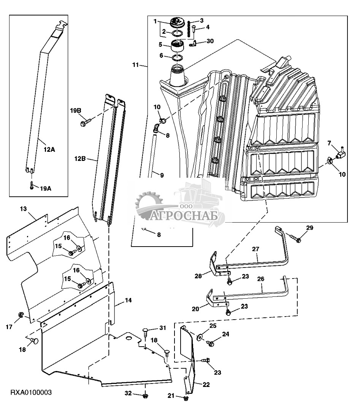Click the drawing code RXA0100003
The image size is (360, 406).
[x=31, y=393]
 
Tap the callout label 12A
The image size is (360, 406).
[x=49, y=150]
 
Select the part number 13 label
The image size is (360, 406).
[x=24, y=209]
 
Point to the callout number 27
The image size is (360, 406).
[x=255, y=249]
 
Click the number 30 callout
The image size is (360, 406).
[x=210, y=41]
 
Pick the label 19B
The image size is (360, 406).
[x=76, y=111]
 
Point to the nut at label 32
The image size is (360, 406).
[x=145, y=396]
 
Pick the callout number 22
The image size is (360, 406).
[x=206, y=385]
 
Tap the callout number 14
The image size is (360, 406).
[x=128, y=300]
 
